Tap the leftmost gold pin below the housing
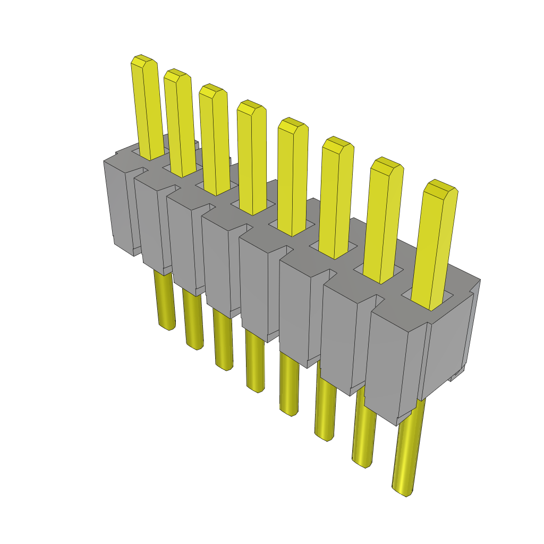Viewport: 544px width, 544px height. pos(165,300)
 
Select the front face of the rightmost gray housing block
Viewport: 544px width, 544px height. pos(393,367)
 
